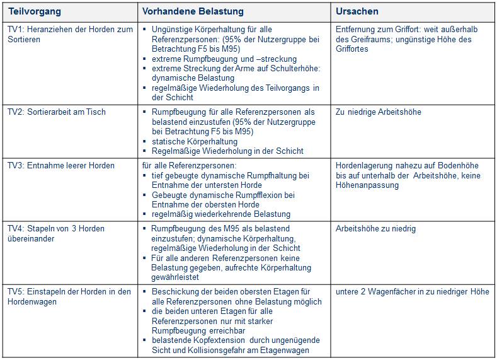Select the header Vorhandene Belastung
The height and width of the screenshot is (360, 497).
click(193, 11)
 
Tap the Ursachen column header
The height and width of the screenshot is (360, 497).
click(357, 11)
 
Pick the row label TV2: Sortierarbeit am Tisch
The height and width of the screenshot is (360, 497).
click(56, 112)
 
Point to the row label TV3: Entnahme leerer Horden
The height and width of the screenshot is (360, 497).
click(60, 166)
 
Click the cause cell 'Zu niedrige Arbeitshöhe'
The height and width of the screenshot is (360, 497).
click(379, 112)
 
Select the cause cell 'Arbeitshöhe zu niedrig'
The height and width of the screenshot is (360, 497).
click(376, 228)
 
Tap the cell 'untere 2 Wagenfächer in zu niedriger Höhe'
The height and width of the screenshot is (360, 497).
click(413, 291)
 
